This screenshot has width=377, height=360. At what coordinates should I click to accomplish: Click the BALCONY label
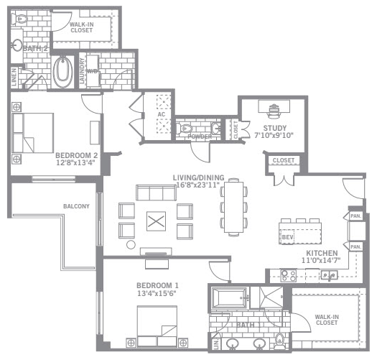pos(77,206)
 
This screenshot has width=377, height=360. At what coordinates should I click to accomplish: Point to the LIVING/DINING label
pos(199,177)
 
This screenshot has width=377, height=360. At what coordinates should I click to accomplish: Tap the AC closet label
pos(162,114)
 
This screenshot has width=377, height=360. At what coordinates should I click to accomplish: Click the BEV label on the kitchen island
pos(287,236)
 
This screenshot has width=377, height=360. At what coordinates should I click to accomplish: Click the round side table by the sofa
pos(131,245)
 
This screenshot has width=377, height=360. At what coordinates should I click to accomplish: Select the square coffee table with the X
pos(156,221)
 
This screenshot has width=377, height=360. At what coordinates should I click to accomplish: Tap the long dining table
pos(233,206)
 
